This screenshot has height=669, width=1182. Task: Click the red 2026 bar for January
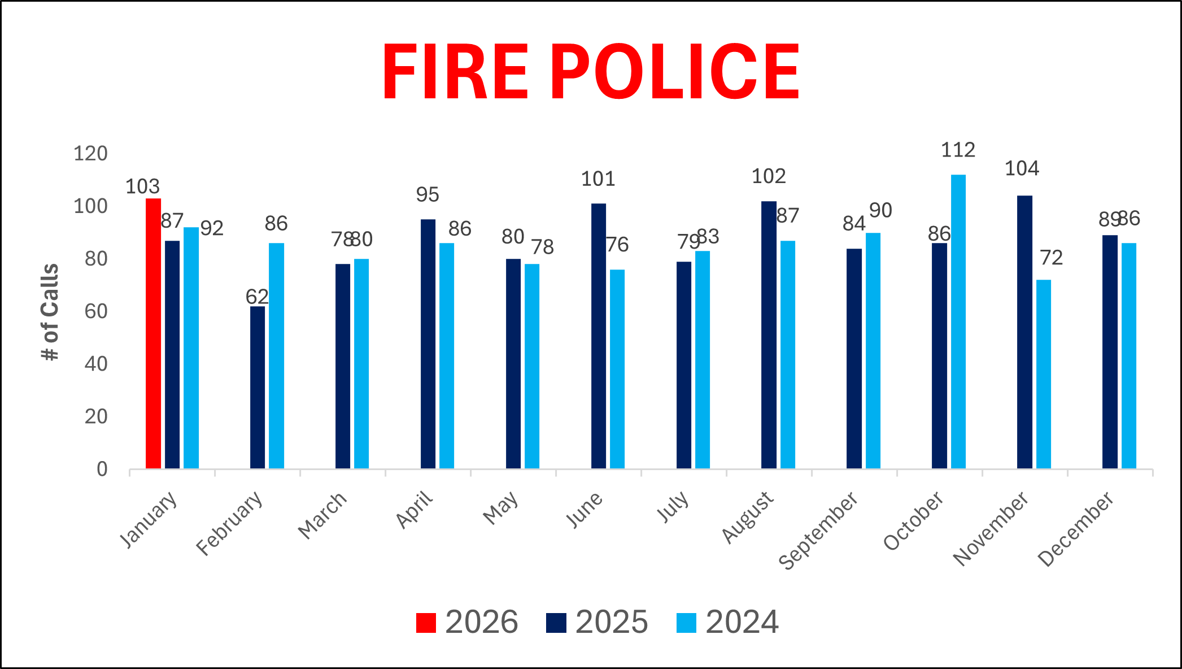coord(153,333)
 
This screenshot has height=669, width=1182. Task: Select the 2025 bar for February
coord(258,387)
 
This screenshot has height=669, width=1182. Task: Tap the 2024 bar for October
coord(958,322)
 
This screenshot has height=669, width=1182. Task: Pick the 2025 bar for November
coord(1024,332)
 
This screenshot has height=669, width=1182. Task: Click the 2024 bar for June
coord(617,369)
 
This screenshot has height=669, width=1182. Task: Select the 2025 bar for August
coord(769,334)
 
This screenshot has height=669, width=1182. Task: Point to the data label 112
coord(958,150)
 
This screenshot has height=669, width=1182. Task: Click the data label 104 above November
coord(1022,168)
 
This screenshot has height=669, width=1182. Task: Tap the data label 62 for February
coord(257,297)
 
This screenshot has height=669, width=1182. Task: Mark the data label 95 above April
coord(428,195)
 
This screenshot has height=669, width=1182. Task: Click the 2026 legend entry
coord(467,622)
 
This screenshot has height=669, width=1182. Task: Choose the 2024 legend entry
coord(727,622)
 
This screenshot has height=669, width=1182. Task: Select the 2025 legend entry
coord(597,622)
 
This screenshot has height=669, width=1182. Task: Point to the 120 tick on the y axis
coord(90,154)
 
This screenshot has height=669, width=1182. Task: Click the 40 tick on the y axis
coord(95,364)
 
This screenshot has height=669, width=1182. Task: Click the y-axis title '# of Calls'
coord(50,312)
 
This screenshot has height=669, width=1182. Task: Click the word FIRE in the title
coord(455,72)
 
